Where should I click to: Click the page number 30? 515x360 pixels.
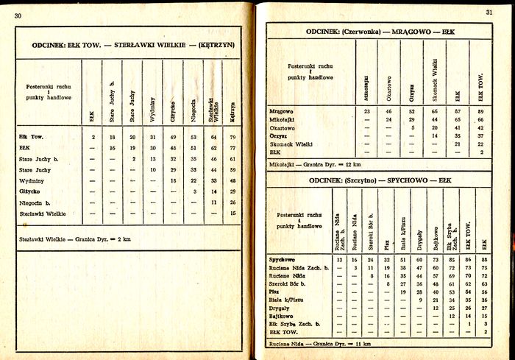point(18,15)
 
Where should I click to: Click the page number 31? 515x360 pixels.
point(489,12)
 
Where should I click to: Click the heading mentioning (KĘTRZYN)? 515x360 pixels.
point(133,45)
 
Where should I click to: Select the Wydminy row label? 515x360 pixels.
point(32,180)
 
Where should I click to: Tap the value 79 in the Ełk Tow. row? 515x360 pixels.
point(232,137)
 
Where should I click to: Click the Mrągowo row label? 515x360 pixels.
point(284,111)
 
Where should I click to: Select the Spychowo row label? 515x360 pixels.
point(285,260)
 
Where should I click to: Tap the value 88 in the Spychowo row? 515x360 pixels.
point(485,260)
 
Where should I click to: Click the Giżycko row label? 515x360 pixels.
point(31,191)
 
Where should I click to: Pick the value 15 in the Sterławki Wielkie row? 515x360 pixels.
point(232,213)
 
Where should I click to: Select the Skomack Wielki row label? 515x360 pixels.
point(294,144)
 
